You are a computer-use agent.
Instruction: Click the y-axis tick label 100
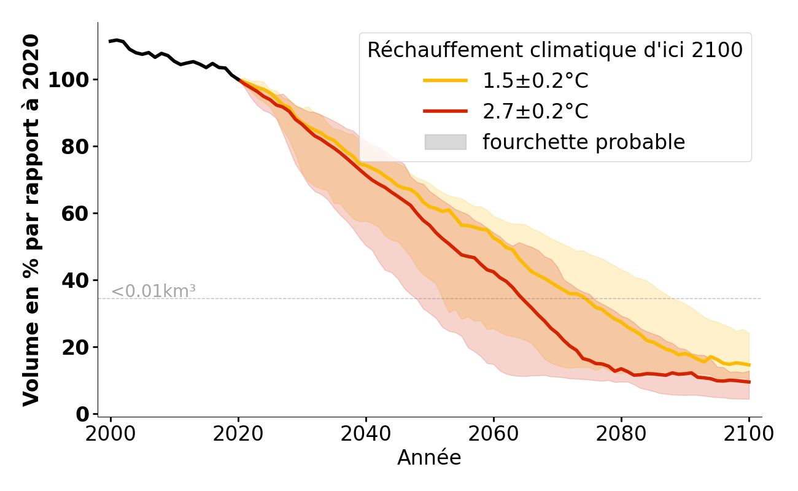point(68,80)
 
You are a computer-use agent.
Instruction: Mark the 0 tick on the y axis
point(82,415)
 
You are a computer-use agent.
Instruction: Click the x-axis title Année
point(429,458)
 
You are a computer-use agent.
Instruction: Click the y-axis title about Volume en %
point(31,220)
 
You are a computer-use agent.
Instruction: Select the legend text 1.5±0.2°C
point(535,81)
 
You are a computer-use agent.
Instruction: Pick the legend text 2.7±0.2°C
point(535,112)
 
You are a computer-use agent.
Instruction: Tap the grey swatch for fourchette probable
point(445,142)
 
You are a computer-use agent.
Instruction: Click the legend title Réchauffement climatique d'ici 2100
point(555,50)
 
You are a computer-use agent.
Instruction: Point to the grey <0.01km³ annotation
point(153,292)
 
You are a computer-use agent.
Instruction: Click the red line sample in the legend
point(445,112)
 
